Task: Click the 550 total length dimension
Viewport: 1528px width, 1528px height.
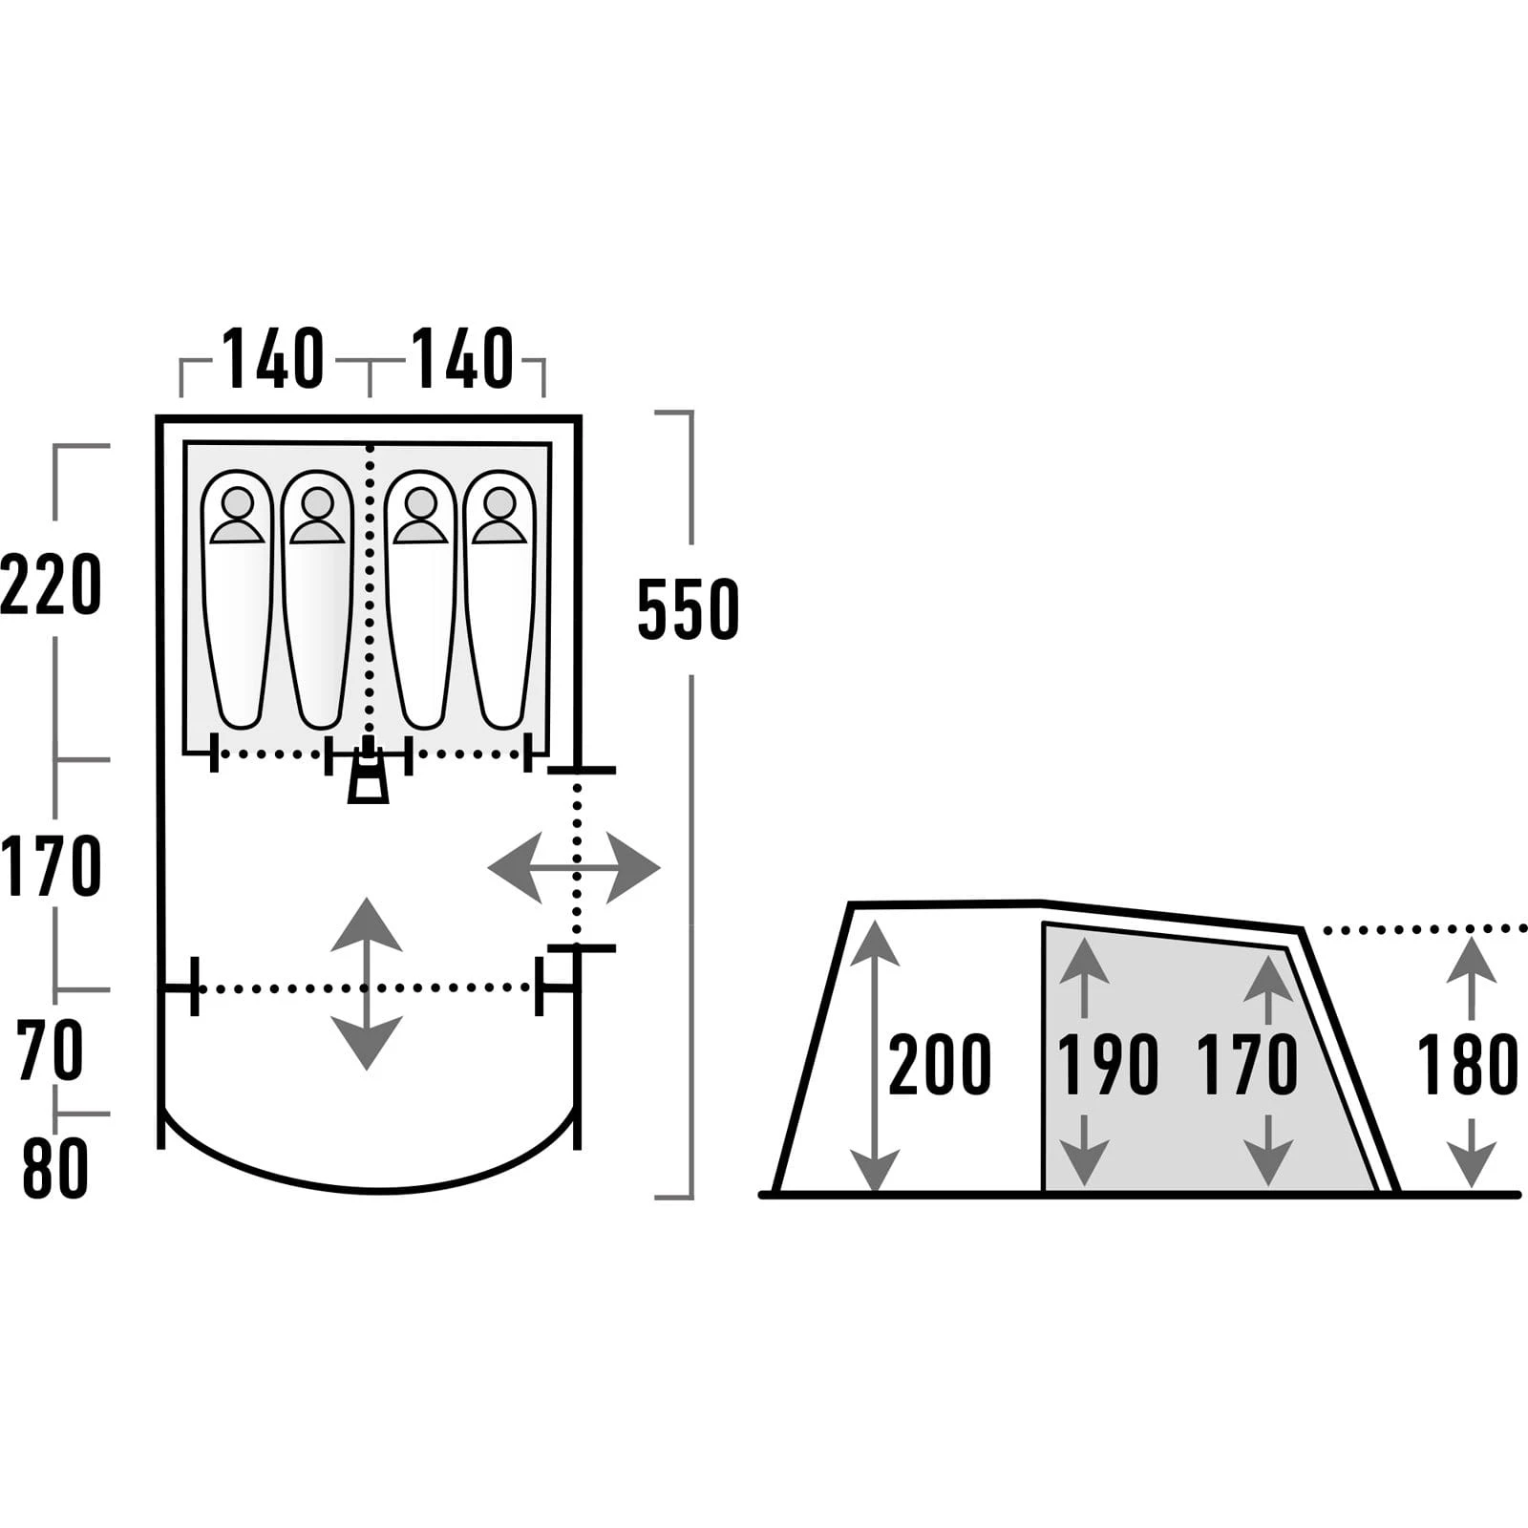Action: click(688, 608)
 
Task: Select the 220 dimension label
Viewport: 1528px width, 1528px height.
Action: click(52, 584)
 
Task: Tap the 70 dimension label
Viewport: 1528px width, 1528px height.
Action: click(52, 1050)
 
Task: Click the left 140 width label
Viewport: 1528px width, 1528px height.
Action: click(274, 359)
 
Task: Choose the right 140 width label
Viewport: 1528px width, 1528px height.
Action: click(463, 359)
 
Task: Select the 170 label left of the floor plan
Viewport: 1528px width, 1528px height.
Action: click(52, 865)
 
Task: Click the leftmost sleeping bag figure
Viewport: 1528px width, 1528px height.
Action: click(238, 600)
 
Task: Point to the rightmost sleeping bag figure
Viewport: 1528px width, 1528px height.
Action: click(499, 600)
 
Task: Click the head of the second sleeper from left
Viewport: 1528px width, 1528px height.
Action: click(317, 502)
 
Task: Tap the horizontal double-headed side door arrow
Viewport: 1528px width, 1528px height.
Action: click(574, 868)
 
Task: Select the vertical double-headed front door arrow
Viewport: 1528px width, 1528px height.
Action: click(366, 983)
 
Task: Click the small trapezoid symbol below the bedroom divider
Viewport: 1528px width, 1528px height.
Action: click(368, 782)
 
